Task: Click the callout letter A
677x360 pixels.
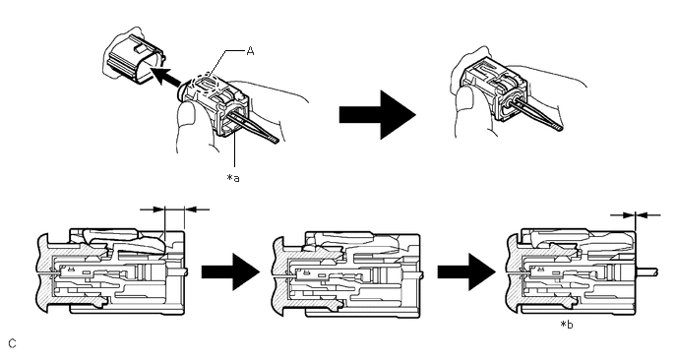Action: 250,51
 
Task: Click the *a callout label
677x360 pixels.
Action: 233,177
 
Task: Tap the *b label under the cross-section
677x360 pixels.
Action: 567,325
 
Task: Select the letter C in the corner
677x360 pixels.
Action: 12,343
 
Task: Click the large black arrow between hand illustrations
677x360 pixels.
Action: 377,115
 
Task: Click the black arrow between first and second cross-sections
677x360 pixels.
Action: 230,271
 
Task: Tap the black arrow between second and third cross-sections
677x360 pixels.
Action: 466,271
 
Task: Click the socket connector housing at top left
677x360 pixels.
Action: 134,57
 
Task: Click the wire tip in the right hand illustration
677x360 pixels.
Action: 560,127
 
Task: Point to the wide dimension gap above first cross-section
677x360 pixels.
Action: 175,210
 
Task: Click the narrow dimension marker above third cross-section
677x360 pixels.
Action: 636,214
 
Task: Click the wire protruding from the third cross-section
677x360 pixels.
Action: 646,271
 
